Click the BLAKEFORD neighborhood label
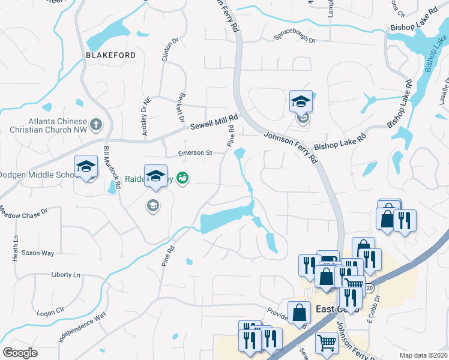pos(110,55)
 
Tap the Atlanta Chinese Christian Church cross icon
pos(95,125)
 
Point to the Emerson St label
pos(195,153)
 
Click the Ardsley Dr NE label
pos(145,112)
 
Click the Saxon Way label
pos(38,253)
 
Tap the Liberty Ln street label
pos(65,274)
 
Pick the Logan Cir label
pos(50,312)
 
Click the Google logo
pos(20,352)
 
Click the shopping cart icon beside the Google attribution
pos(327,343)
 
